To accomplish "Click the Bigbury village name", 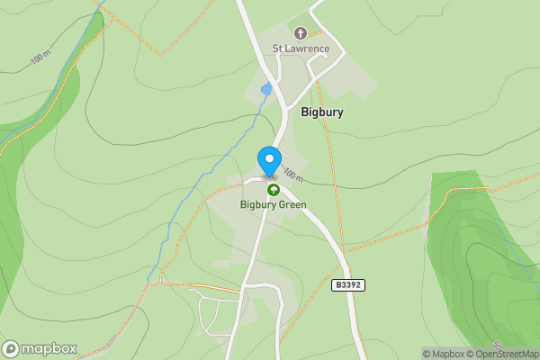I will (x=322, y=113).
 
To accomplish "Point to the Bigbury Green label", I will (x=273, y=205).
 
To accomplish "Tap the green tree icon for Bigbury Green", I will (x=273, y=190).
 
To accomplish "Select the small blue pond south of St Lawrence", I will (x=265, y=89).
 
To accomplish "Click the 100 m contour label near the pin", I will (x=293, y=173).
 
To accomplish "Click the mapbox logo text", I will (x=49, y=348).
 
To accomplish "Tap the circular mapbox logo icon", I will (x=11, y=348).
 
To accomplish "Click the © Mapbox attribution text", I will (x=443, y=354).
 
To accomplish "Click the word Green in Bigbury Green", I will (x=292, y=205).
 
